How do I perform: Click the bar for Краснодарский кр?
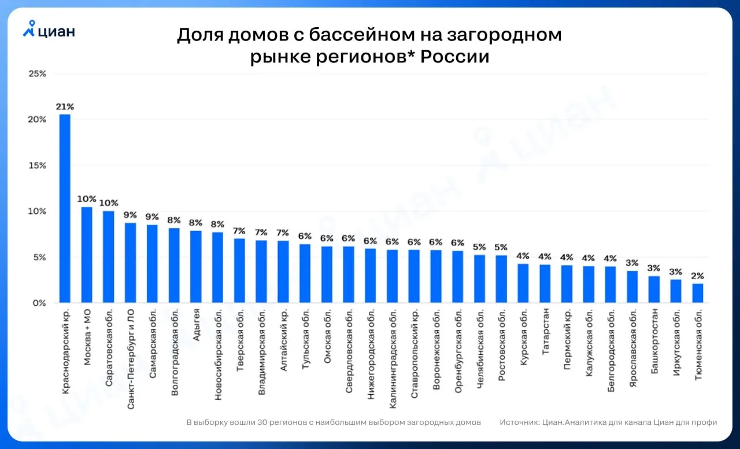click(x=65, y=209)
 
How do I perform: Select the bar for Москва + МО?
click(x=87, y=255)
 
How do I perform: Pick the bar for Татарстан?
click(x=545, y=284)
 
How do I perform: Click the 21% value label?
click(x=65, y=107)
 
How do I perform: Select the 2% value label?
click(x=698, y=276)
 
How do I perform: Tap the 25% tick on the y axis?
click(x=38, y=74)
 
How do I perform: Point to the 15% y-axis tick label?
click(x=38, y=166)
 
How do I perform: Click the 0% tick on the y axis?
click(x=39, y=303)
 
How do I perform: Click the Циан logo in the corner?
click(x=49, y=29)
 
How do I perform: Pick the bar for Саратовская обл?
click(x=109, y=257)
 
